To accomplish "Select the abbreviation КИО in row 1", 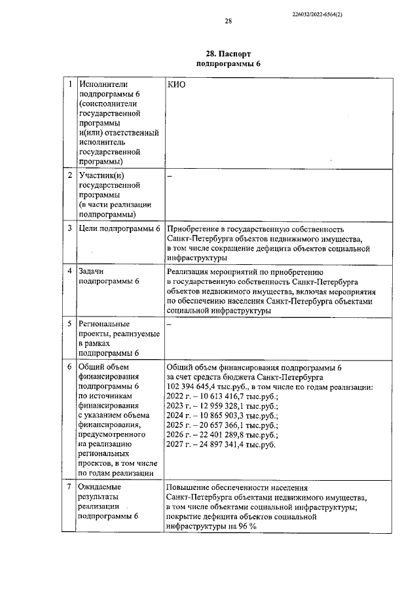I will [x=177, y=86].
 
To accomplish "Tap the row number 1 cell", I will [x=70, y=85].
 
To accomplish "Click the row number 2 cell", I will [x=70, y=176].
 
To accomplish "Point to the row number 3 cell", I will [x=70, y=229].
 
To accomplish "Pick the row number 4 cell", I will [x=70, y=271].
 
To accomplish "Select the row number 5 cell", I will [x=70, y=324].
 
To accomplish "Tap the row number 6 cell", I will [x=70, y=367].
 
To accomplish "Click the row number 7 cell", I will [x=70, y=487].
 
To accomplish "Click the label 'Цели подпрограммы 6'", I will [x=119, y=229].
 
